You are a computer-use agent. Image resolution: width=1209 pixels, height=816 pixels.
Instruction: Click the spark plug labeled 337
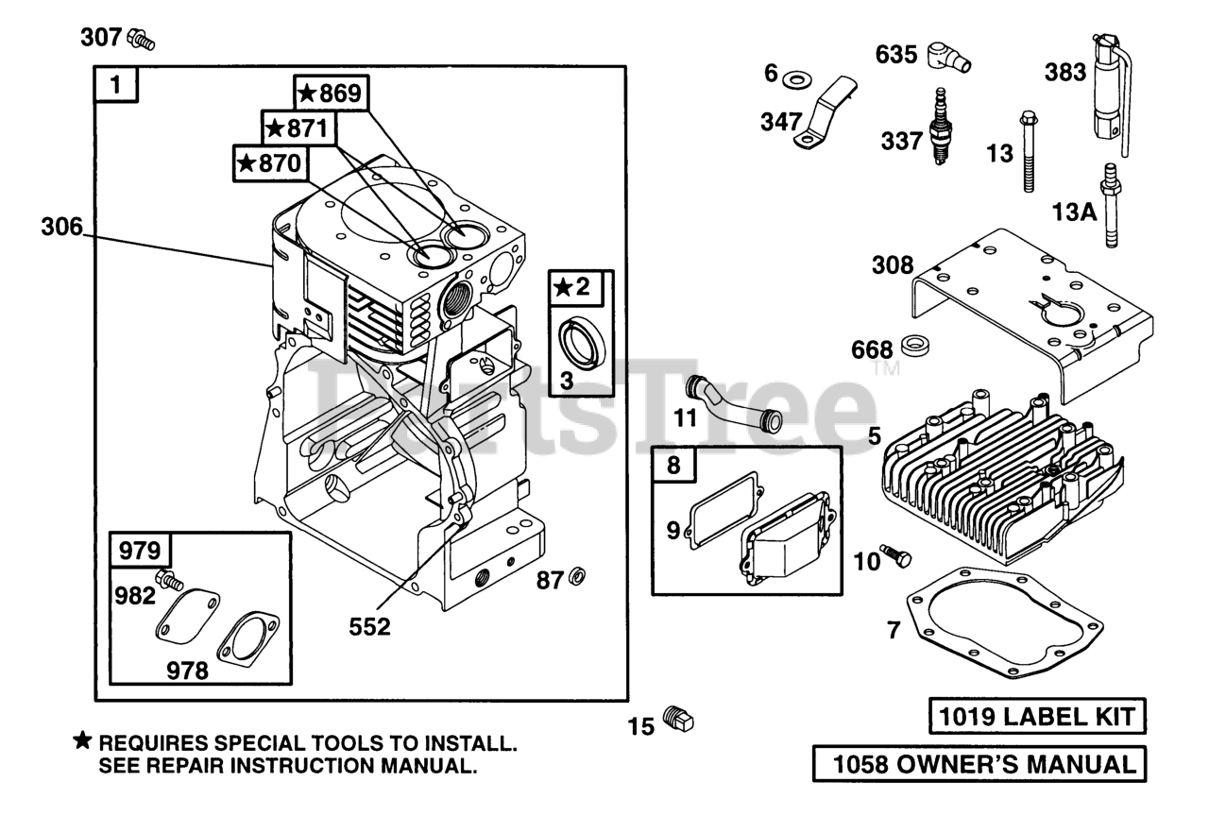(940, 127)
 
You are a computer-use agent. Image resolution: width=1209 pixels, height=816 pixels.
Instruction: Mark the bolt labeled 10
(894, 556)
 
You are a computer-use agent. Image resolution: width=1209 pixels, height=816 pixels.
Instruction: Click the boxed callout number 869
(332, 93)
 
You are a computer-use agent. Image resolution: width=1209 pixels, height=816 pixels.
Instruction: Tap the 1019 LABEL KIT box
(1036, 717)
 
